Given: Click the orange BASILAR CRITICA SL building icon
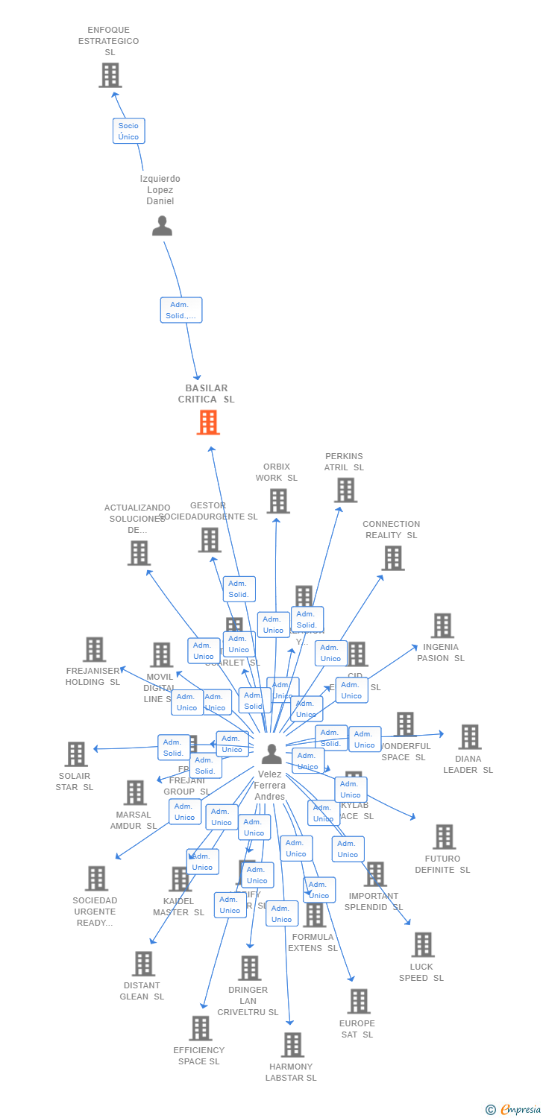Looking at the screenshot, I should [208, 423].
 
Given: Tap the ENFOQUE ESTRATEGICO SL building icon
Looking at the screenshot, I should [110, 75].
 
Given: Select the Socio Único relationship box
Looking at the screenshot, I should [128, 131].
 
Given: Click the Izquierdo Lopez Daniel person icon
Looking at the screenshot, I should [162, 226].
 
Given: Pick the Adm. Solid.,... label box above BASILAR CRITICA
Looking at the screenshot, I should [181, 310].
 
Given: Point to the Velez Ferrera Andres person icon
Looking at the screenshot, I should [271, 754].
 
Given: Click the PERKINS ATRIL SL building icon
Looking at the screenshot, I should [345, 490].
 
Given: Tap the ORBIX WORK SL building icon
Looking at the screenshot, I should [278, 501].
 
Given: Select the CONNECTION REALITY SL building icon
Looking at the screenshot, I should [392, 558].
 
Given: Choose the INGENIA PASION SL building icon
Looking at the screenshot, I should [442, 625].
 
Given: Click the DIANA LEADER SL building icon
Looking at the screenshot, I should [469, 737].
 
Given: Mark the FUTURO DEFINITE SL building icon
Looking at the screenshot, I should [444, 837].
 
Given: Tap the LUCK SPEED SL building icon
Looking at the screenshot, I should [423, 944].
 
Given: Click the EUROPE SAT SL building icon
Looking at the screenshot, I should [359, 1001].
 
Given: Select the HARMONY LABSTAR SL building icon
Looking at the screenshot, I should [293, 1044].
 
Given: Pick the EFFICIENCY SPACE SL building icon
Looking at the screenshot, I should [201, 1028].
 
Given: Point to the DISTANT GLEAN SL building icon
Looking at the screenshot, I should [143, 963].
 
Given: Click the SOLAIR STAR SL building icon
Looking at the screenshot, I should [76, 754].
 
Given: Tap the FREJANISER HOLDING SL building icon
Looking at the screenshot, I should [94, 649].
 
